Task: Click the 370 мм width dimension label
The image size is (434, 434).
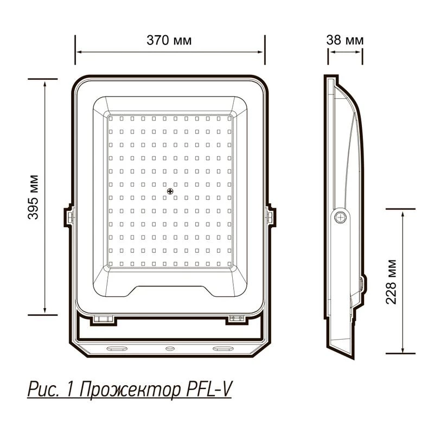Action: (169, 40)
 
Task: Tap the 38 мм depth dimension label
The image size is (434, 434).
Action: (344, 40)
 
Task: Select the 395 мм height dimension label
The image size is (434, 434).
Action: (33, 197)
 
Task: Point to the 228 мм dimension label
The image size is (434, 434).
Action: (391, 282)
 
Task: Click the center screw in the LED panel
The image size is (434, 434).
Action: (170, 191)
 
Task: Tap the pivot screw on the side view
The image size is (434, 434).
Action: (340, 216)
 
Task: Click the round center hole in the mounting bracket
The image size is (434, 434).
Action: (170, 348)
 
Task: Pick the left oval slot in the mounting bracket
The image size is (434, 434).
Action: (117, 348)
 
